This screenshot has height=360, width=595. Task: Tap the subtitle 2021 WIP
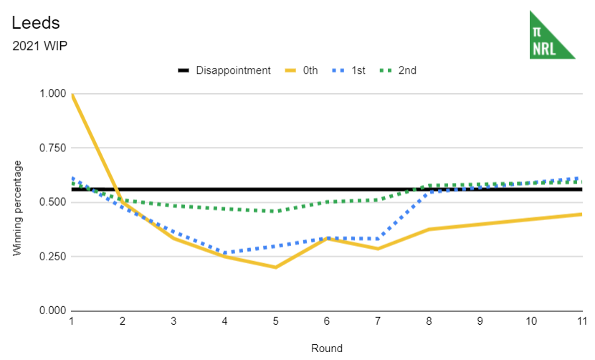tap(39, 47)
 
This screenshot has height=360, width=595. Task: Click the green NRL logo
tap(551, 35)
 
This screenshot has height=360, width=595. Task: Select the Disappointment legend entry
tap(224, 70)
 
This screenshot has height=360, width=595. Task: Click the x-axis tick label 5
tap(276, 322)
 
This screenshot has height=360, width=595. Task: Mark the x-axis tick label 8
tap(429, 322)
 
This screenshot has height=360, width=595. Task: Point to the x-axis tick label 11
tap(581, 322)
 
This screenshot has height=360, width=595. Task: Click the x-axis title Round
tap(326, 349)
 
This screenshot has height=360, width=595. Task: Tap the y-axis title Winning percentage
tap(17, 208)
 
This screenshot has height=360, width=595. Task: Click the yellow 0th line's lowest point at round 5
tap(276, 267)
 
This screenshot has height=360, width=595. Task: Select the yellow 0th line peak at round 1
tap(72, 95)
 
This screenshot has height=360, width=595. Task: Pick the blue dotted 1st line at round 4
tap(225, 253)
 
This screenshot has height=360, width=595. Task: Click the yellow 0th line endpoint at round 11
tap(581, 214)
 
